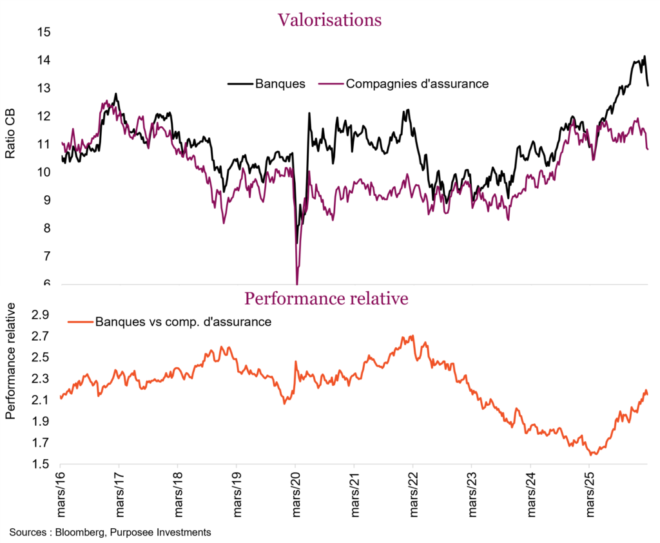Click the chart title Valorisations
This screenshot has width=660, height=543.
329,19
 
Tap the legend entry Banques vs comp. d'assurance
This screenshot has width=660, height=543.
182,321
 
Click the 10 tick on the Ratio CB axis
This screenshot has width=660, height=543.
44,173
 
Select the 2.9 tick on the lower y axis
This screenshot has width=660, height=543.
41,315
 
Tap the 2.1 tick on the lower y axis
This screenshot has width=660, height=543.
41,401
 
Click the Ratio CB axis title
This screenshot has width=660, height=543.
11,135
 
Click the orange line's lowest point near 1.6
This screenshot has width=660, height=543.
592,454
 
